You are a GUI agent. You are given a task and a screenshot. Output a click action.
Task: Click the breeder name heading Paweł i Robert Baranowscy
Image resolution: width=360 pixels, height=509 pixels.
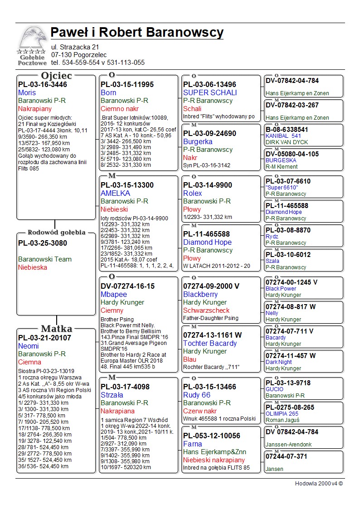[137, 33]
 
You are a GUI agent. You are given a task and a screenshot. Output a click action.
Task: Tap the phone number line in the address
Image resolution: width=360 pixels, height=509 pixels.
[98, 63]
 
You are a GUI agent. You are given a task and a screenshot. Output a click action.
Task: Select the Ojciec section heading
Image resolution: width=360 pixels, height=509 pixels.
[56, 76]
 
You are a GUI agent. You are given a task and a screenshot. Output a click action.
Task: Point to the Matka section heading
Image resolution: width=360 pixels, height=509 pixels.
[56, 329]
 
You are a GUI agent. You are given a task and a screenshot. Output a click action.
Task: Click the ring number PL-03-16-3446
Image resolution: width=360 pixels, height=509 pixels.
[43, 84]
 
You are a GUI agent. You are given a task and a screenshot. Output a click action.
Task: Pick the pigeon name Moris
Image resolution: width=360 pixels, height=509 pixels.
[27, 92]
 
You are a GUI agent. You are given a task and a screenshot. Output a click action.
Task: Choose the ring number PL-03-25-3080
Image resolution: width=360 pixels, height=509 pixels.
[43, 243]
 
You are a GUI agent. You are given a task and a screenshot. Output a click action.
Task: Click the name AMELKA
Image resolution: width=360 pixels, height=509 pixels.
[115, 193]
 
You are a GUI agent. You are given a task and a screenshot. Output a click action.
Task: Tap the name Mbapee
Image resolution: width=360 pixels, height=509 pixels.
[114, 294]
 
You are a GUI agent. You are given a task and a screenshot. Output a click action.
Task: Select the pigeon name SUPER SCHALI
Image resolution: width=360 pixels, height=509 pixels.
[210, 92]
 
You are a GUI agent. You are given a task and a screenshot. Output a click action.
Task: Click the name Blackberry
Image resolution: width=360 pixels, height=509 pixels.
[200, 294]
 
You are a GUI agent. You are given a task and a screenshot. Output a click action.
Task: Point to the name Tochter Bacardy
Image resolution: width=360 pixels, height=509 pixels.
[210, 343]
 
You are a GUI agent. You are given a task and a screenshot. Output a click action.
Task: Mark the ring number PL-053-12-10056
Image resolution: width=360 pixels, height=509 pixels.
[214, 436]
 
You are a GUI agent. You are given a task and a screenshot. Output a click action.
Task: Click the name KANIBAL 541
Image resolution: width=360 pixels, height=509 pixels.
[283, 136]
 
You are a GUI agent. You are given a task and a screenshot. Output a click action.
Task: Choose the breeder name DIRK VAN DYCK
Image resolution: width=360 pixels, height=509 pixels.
[287, 142]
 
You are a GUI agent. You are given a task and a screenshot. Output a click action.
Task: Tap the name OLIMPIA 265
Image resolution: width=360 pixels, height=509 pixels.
[282, 414]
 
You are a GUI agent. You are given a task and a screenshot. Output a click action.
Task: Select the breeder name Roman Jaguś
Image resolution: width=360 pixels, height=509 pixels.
[282, 420]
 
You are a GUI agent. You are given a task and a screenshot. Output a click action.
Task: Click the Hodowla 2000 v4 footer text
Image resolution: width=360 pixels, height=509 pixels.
[319, 484]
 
